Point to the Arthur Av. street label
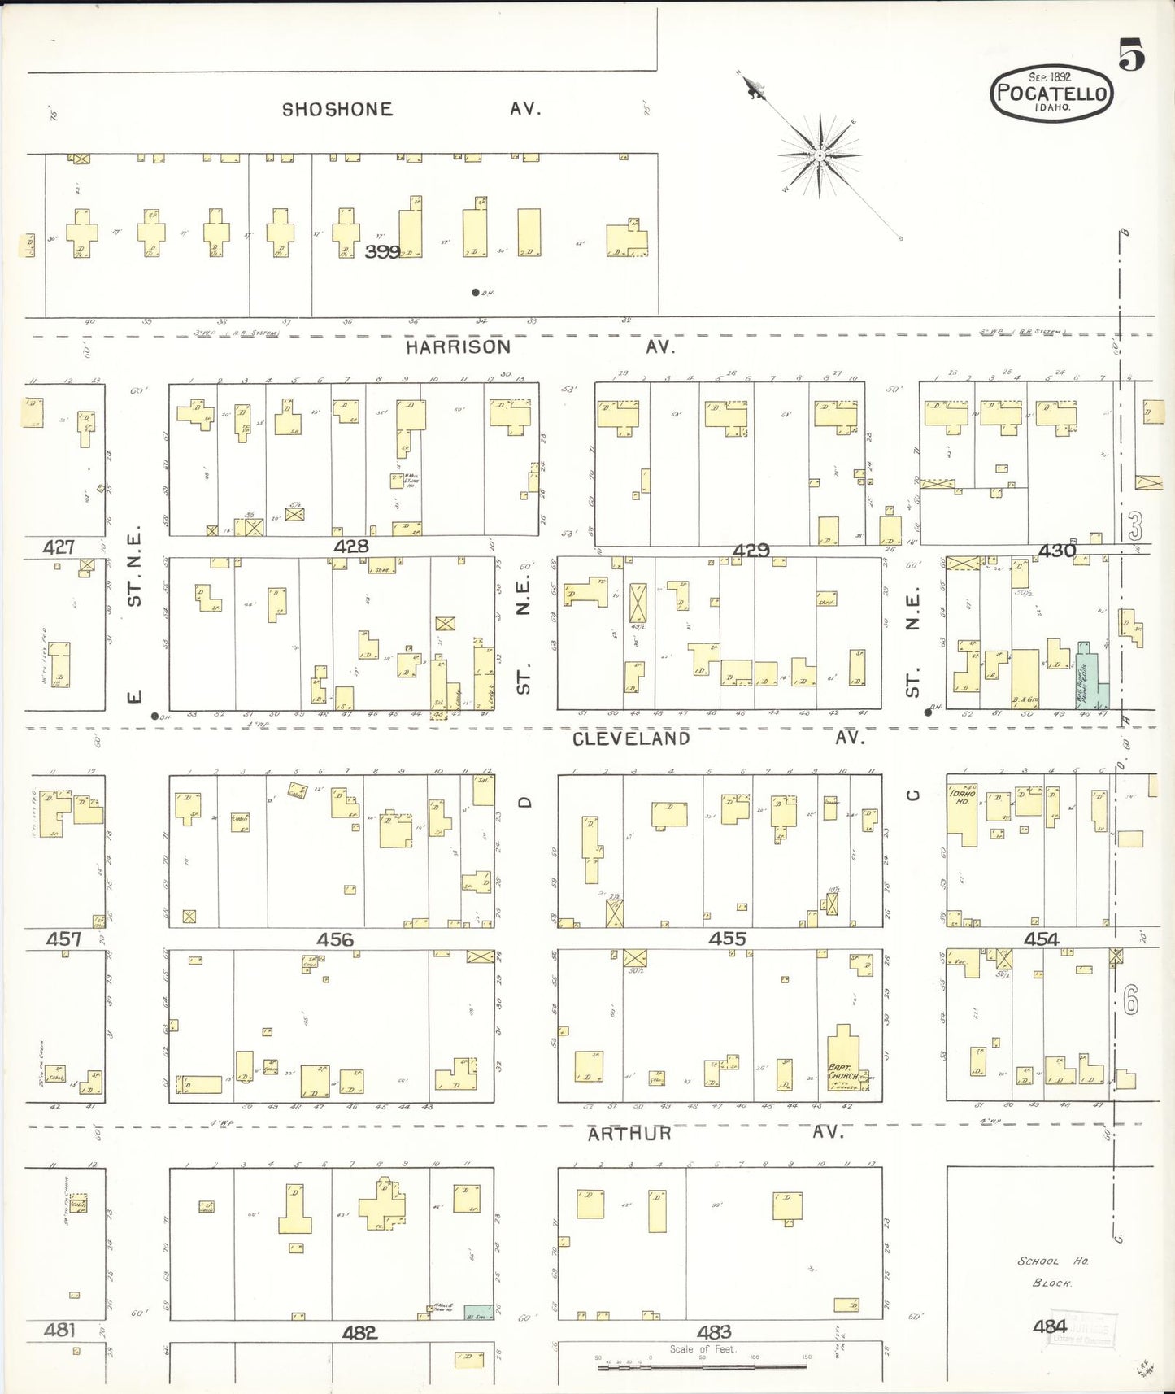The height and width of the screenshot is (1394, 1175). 716,1133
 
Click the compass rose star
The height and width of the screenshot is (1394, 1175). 820,155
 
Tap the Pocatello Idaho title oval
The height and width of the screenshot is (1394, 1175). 1051,93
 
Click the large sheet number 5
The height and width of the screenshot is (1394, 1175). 1131,54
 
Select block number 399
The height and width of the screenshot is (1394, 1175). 382,252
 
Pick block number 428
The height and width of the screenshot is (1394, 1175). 351,547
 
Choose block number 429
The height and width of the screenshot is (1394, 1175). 751,551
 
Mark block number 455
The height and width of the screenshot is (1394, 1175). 727,939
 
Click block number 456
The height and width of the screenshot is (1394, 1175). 335,939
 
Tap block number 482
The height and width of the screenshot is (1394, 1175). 359,1332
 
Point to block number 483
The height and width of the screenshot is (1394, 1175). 714,1331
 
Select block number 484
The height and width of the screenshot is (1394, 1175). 1050,1326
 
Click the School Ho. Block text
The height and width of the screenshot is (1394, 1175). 1052,1271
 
